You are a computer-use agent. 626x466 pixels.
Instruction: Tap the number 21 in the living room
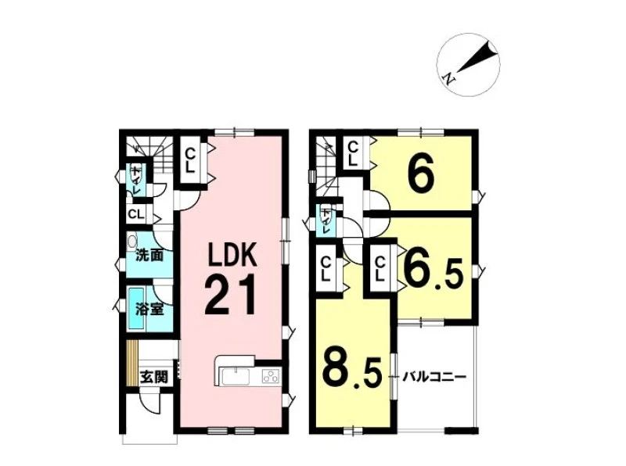tap(230, 295)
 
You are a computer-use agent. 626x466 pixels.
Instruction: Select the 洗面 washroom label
tap(149, 255)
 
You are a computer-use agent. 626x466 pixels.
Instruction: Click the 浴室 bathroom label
tap(149, 310)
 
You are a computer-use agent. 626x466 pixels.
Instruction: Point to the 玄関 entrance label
tap(153, 377)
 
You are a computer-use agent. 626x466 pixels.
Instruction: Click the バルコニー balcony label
tap(434, 377)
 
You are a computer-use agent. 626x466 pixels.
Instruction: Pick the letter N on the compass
tap(449, 79)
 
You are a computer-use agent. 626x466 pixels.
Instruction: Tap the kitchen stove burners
tap(272, 377)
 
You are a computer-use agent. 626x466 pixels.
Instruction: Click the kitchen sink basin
tap(236, 377)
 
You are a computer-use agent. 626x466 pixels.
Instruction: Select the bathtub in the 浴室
tap(136, 308)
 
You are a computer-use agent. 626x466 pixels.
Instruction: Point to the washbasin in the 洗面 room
tap(132, 242)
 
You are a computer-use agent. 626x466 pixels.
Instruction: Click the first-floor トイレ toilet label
tap(136, 181)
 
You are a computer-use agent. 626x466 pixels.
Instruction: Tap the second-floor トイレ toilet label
tap(326, 220)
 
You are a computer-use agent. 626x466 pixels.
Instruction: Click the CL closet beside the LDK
tap(190, 160)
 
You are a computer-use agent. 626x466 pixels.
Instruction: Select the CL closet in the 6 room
tap(353, 153)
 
